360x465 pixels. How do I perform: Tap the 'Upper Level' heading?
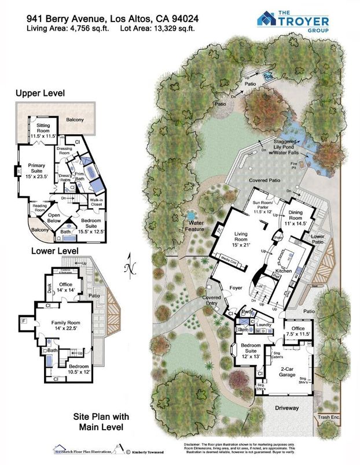click(40, 93)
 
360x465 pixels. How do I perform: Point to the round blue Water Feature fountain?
click(190, 218)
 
